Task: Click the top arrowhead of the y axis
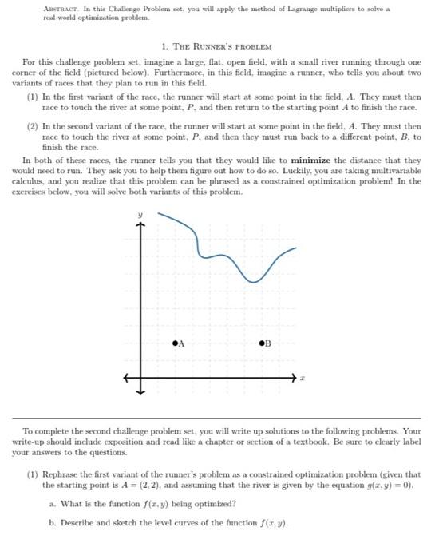(x=142, y=224)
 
